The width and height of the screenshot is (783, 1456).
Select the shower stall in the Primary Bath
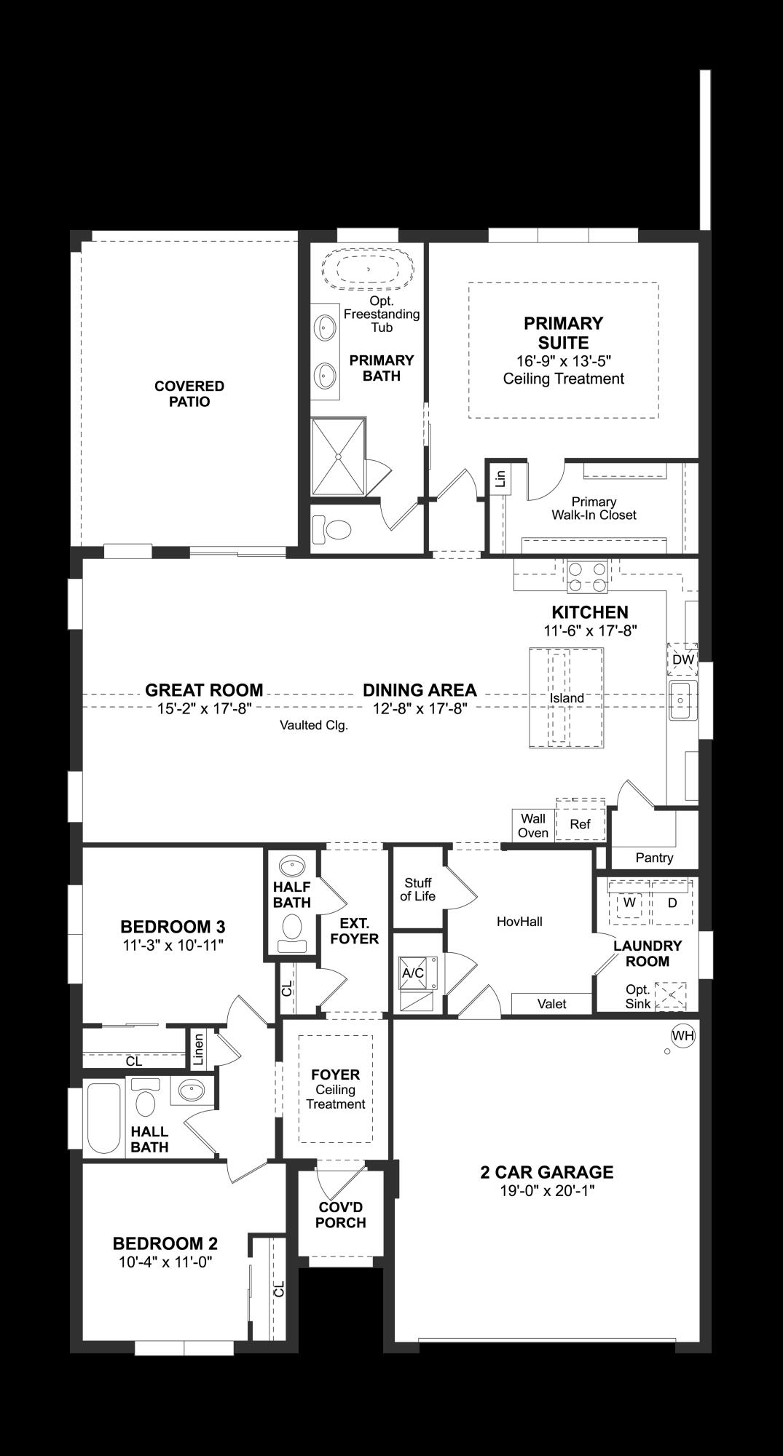click(x=337, y=456)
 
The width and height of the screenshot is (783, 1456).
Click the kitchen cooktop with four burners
click(x=587, y=576)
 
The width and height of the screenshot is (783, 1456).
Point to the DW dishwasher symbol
click(x=682, y=660)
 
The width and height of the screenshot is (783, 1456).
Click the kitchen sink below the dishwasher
click(x=682, y=700)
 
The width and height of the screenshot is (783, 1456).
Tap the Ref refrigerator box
click(x=581, y=824)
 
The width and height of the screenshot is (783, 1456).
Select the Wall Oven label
click(x=532, y=826)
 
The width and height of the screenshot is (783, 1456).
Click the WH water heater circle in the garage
click(x=682, y=1036)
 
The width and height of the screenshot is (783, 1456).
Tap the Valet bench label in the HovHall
click(x=551, y=1004)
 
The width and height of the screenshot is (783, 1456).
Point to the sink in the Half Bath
click(x=293, y=866)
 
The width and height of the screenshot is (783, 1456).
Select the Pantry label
click(x=654, y=858)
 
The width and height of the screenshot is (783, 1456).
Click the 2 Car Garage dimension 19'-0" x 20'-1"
click(x=547, y=1191)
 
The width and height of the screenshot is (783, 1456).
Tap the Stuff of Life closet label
click(x=418, y=890)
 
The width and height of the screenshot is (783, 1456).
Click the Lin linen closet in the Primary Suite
click(x=500, y=479)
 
